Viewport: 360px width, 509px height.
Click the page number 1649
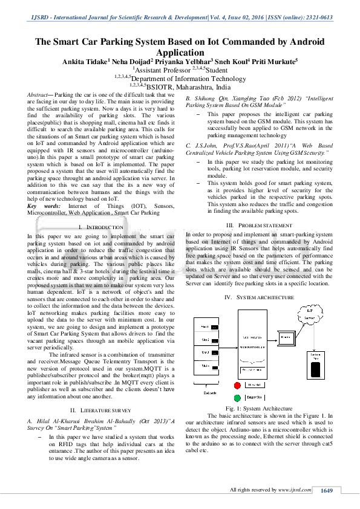tap(327, 490)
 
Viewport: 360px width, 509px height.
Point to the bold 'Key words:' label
tap(40, 207)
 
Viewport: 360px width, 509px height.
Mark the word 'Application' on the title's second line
tap(180, 52)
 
